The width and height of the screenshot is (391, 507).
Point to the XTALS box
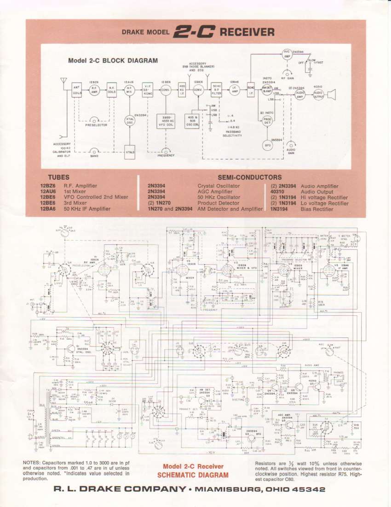pyautogui.click(x=130, y=152)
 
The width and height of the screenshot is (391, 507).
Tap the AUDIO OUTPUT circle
pyautogui.click(x=318, y=94)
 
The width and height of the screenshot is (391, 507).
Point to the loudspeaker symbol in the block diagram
pyautogui.click(x=333, y=94)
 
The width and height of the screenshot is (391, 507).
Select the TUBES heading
pyautogui.click(x=58, y=177)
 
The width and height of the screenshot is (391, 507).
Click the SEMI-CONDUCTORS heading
pyautogui.click(x=249, y=177)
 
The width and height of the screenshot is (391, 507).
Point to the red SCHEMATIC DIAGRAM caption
pyautogui.click(x=193, y=475)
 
